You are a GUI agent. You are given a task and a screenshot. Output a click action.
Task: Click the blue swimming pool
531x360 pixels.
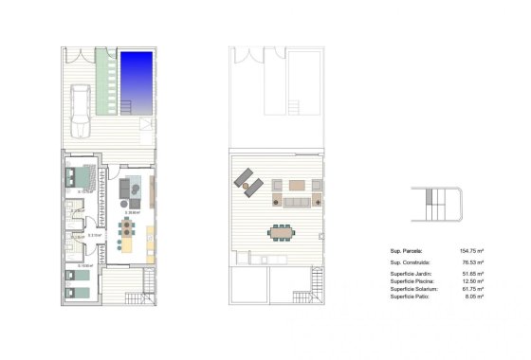[138, 79]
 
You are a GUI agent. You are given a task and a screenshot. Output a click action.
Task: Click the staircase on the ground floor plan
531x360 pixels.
[148, 280]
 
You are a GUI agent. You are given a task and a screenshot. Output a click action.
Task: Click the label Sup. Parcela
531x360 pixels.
[409, 251]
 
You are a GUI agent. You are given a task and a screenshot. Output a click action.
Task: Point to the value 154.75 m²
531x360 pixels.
[471, 251]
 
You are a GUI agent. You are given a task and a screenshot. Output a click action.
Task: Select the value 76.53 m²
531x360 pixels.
[473, 261]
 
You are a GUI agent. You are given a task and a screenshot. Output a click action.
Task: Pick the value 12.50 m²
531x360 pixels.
[473, 281]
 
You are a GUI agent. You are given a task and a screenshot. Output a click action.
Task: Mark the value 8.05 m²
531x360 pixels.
[474, 297]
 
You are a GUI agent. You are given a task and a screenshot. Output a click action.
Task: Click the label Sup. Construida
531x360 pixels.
[412, 261]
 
